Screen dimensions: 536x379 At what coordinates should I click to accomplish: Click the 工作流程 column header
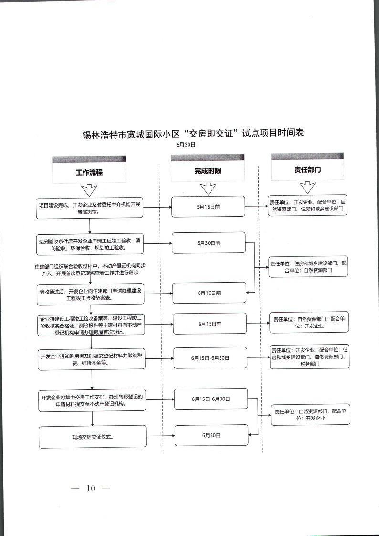coord(89,172)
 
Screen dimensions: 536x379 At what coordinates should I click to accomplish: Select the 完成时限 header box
coord(208,171)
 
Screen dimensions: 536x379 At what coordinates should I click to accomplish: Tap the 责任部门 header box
coord(307,169)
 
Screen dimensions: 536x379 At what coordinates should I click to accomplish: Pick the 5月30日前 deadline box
coord(209,243)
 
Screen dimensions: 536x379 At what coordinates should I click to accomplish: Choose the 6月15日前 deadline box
coord(210,324)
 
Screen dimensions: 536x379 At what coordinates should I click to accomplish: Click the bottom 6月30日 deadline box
coord(211,435)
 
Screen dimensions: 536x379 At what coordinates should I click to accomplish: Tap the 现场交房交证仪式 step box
coord(92,437)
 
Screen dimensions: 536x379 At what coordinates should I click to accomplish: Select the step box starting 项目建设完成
coord(90,209)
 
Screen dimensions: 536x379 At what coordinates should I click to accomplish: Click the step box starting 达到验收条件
coord(90,244)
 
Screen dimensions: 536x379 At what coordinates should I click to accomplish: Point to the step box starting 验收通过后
coord(90,294)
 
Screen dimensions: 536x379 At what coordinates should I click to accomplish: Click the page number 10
coord(91,488)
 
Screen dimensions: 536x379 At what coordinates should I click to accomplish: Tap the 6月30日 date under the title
coord(186,144)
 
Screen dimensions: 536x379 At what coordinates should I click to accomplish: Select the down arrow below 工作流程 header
coord(89,191)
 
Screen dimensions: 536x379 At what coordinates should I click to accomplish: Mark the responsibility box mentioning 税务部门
coord(309,357)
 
